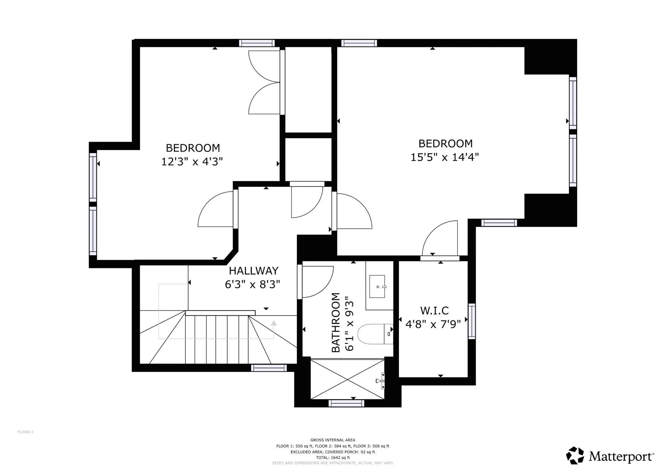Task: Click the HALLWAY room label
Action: [253, 271]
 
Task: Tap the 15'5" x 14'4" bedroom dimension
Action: [445, 157]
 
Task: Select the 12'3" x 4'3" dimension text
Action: [192, 162]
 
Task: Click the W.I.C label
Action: [434, 310]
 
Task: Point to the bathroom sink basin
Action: [377, 287]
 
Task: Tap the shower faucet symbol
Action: [380, 381]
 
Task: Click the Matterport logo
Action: [610, 456]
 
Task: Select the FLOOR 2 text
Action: [25, 432]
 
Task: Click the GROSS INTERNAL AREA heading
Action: [333, 440]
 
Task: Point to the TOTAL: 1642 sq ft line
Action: [333, 457]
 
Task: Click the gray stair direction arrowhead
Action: [274, 323]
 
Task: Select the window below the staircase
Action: [269, 368]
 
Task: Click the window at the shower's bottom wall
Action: [346, 403]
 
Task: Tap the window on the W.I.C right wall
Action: [472, 321]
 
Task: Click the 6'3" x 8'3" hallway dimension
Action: [252, 285]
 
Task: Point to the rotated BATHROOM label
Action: [336, 322]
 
